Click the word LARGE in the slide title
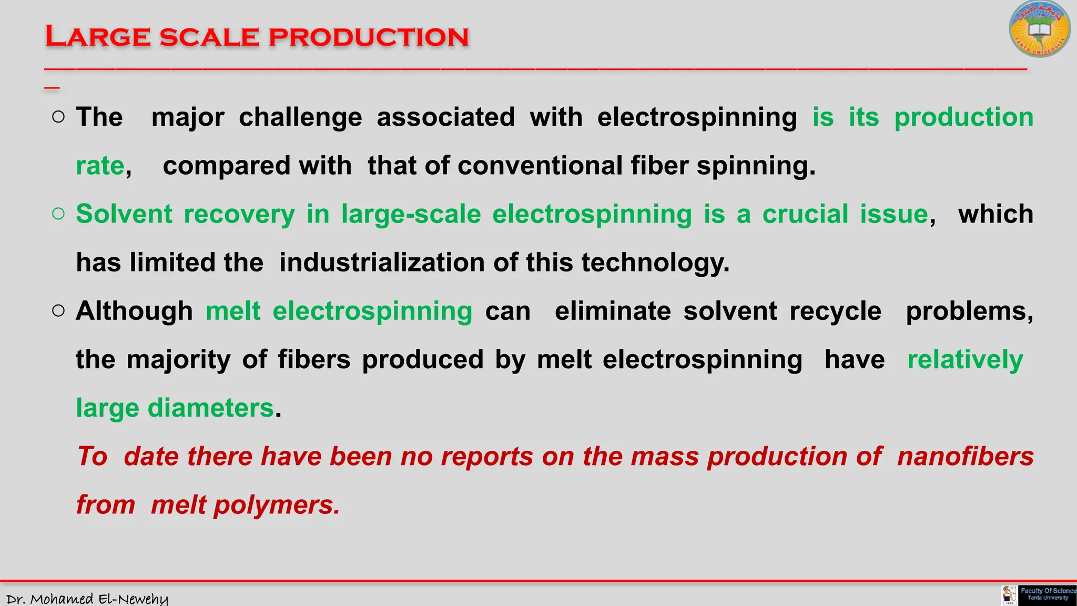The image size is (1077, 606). pyautogui.click(x=98, y=37)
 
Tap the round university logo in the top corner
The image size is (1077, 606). pyautogui.click(x=1039, y=29)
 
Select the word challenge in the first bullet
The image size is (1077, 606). pyautogui.click(x=300, y=117)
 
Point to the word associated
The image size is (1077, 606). pyautogui.click(x=446, y=117)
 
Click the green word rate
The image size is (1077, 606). pyautogui.click(x=100, y=166)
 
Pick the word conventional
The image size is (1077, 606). pyautogui.click(x=540, y=166)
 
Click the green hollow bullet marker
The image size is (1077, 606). pyautogui.click(x=58, y=214)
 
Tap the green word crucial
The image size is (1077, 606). pyautogui.click(x=806, y=215)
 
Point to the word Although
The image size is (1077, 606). pyautogui.click(x=135, y=311)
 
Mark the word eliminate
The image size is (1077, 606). pyautogui.click(x=613, y=311)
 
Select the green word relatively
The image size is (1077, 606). pyautogui.click(x=965, y=360)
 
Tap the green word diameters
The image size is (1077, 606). pyautogui.click(x=210, y=408)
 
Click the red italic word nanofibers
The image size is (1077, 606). pyautogui.click(x=965, y=457)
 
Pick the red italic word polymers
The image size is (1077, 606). pyautogui.click(x=277, y=506)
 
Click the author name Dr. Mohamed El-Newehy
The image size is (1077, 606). pyautogui.click(x=87, y=599)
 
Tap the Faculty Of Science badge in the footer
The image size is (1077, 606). pyautogui.click(x=1047, y=594)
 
